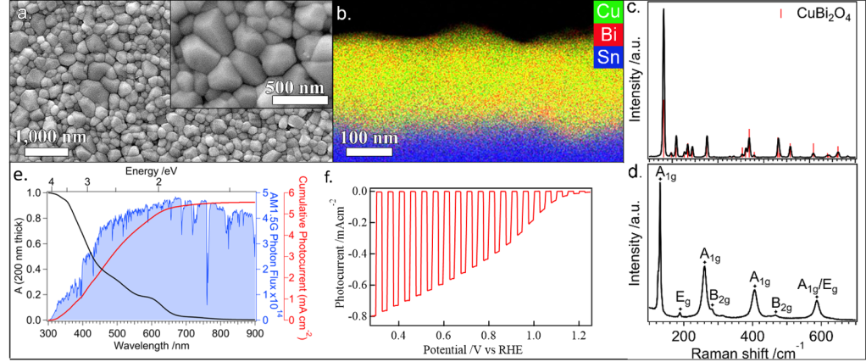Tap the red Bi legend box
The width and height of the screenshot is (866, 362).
[x=607, y=35]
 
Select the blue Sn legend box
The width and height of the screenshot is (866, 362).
[x=607, y=58]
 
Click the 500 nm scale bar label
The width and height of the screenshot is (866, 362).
[x=295, y=86]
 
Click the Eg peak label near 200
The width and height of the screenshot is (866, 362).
[x=680, y=296]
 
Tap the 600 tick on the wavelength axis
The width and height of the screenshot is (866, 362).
[x=151, y=334]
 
